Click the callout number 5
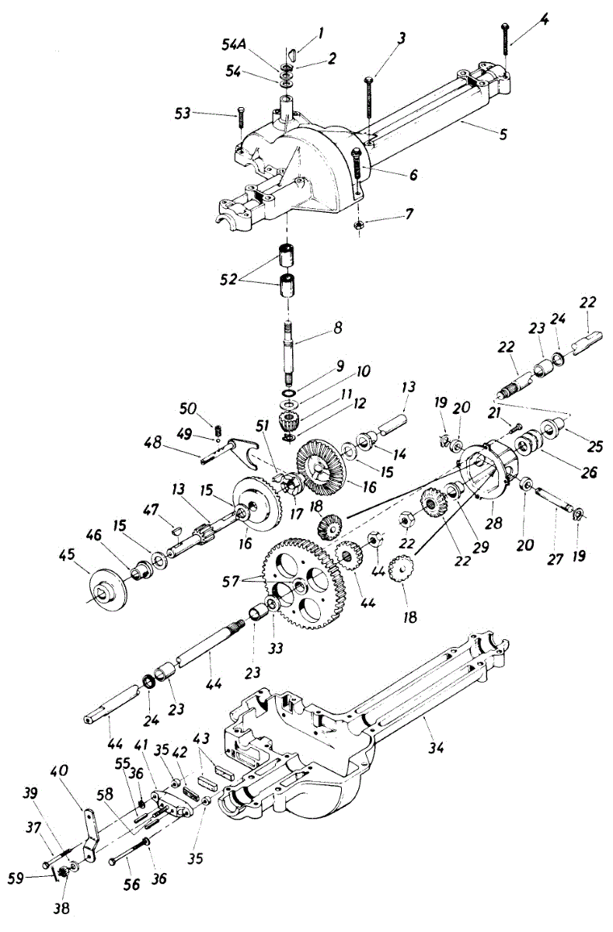click(x=503, y=134)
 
